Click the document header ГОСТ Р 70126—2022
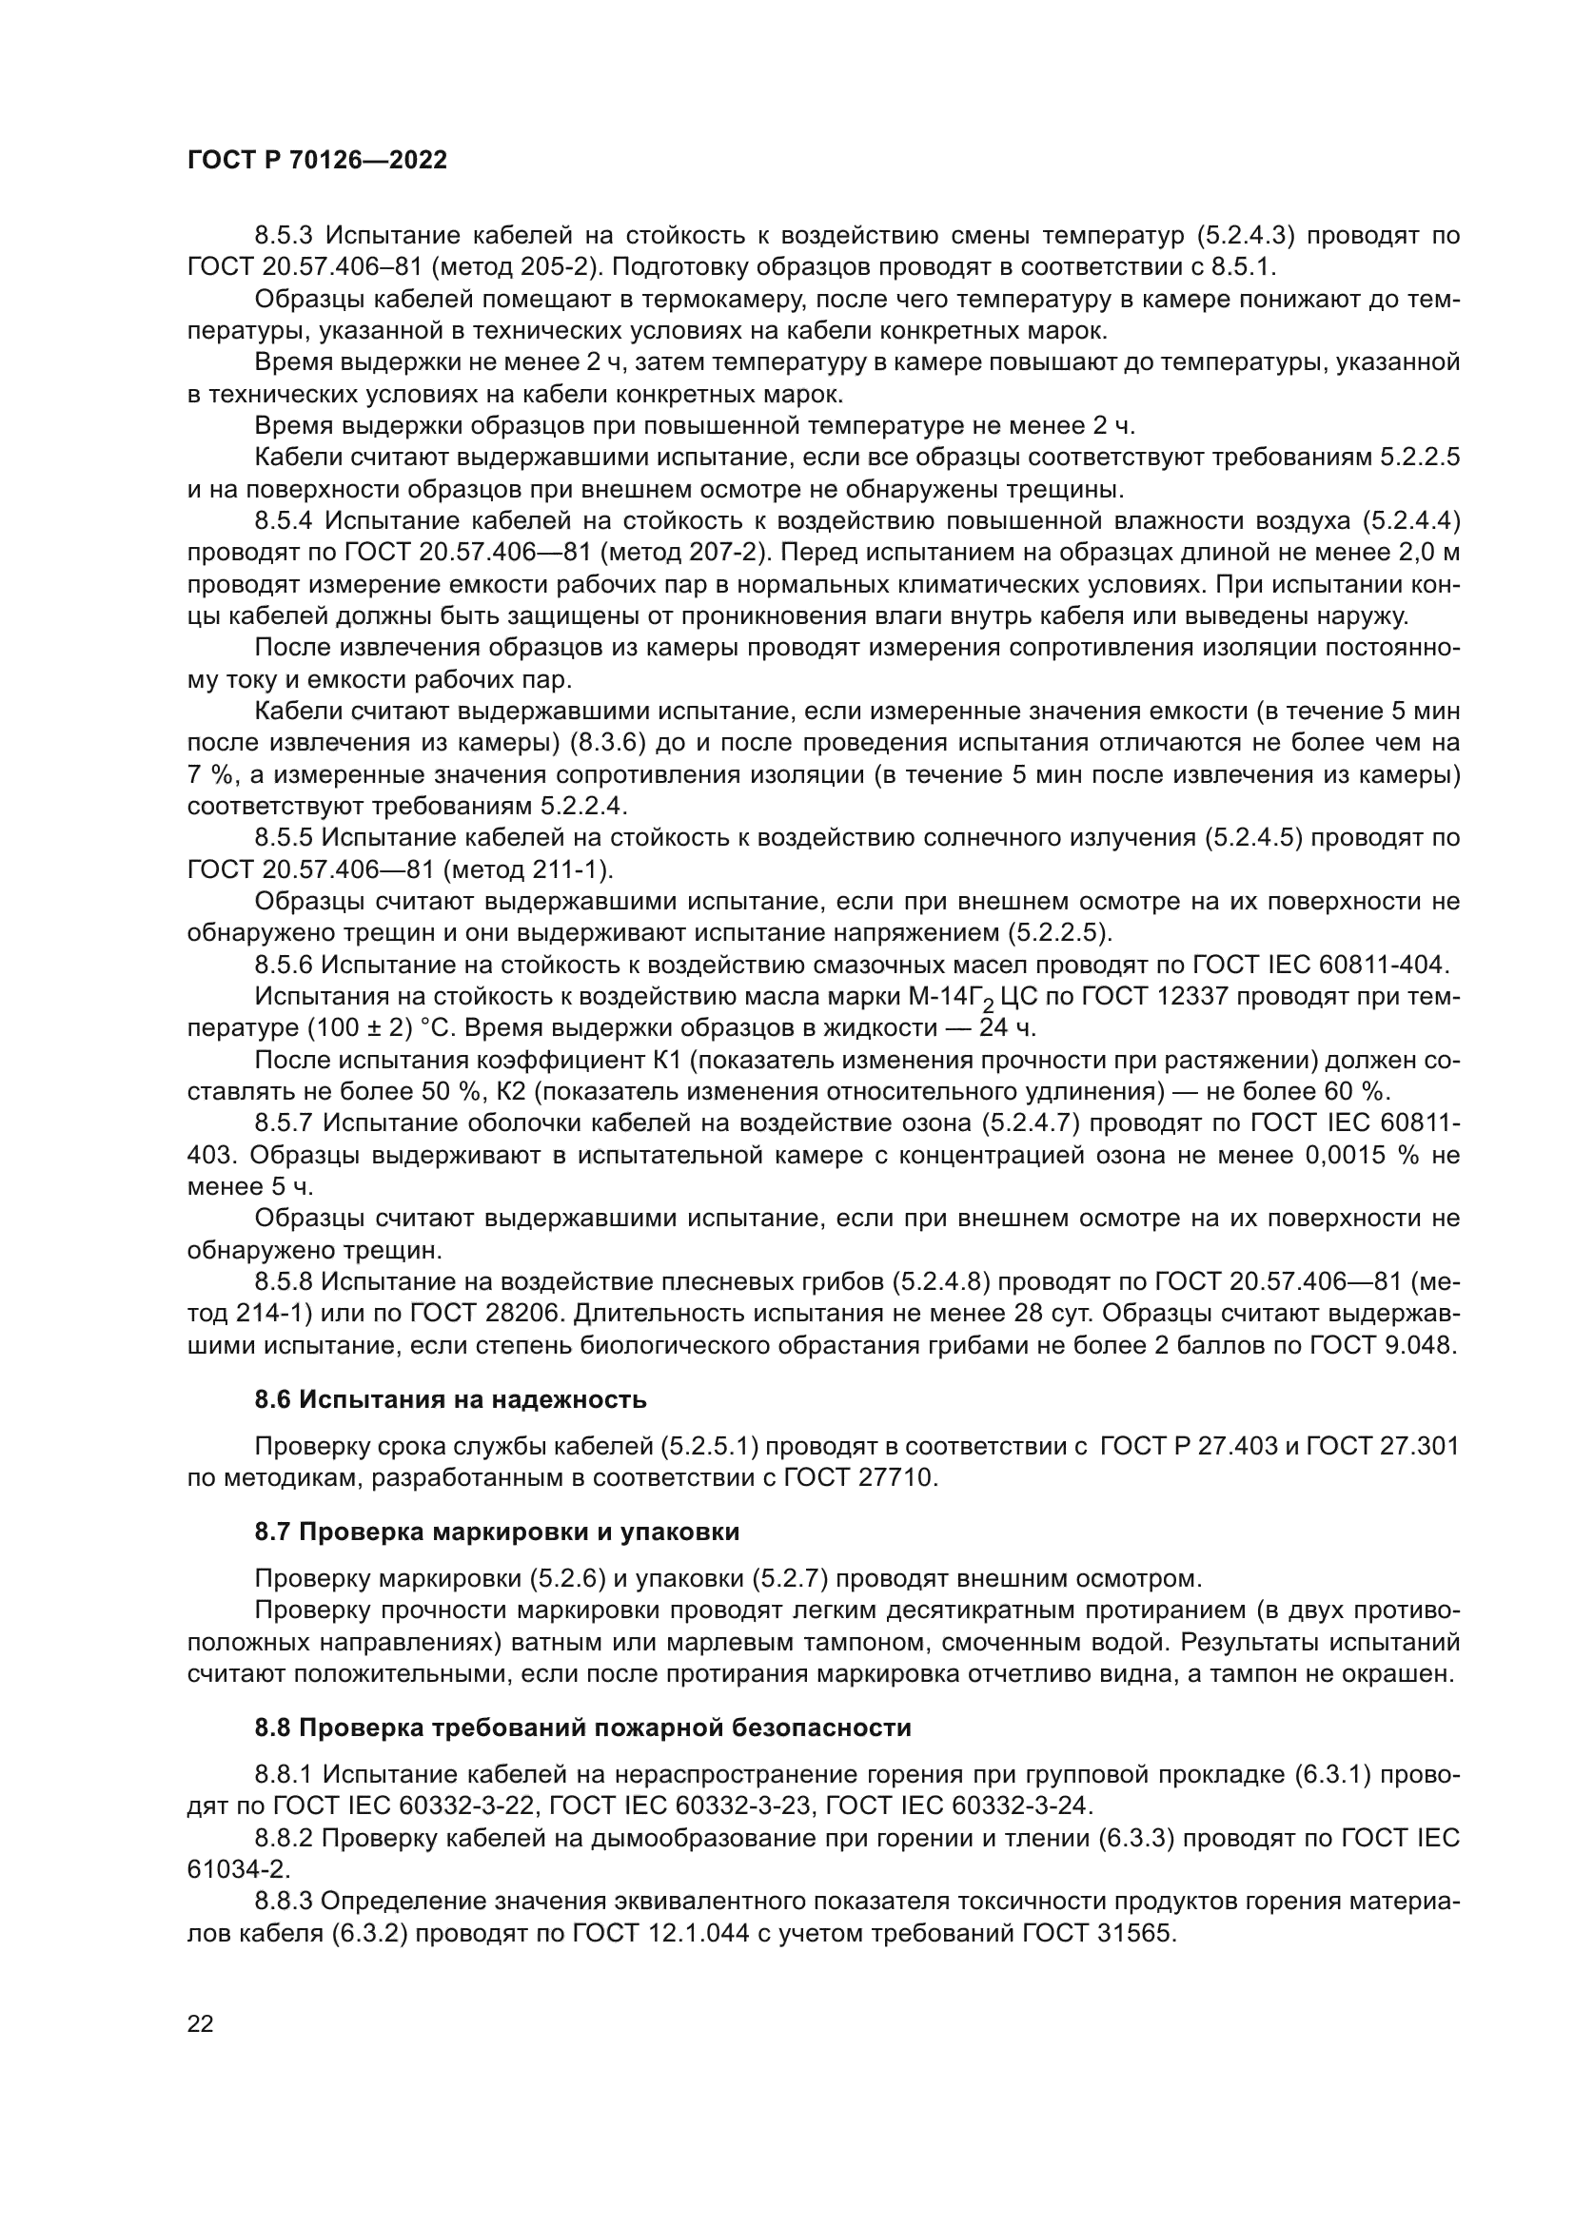(317, 161)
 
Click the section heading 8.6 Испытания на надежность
(450, 1399)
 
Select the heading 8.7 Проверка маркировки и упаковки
(496, 1532)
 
